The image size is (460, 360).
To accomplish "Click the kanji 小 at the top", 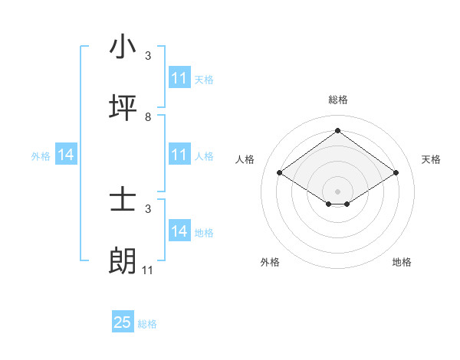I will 123,47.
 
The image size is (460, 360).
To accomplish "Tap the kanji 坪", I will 123,108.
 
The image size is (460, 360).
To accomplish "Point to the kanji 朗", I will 123,261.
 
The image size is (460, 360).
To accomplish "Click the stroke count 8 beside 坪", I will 148,116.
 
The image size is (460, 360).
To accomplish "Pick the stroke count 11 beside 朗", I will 148,270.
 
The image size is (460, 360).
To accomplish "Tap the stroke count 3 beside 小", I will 148,56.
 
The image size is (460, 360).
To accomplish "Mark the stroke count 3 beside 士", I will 148,208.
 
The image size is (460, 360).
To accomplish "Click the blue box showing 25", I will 123,322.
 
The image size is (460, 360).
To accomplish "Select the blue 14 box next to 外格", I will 66,155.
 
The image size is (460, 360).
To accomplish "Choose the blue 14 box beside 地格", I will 179,231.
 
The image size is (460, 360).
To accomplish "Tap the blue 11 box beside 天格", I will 179,78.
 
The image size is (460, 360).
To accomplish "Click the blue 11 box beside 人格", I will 179,155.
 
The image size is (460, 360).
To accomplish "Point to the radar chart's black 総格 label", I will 338,100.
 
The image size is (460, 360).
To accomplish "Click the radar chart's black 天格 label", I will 431,159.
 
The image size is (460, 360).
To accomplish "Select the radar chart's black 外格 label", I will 269,262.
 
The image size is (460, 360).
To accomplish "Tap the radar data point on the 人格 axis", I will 280,173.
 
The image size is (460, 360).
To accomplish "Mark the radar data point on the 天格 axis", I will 396,173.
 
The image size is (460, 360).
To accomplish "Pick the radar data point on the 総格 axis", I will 338,130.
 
